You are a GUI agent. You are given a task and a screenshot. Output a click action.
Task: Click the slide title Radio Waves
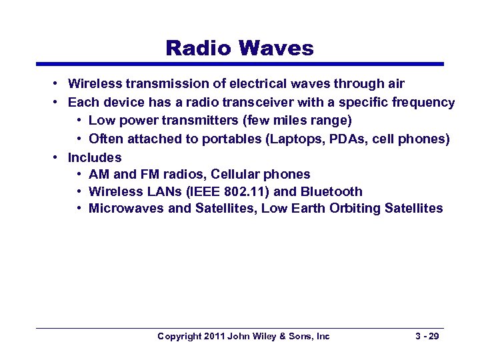(239, 48)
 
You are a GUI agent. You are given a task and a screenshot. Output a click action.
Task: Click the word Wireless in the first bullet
(93, 84)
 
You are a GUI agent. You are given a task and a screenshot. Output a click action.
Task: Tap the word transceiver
(296, 103)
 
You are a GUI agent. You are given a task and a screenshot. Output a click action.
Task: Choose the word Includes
(95, 157)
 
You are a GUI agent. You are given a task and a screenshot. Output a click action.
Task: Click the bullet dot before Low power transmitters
(79, 121)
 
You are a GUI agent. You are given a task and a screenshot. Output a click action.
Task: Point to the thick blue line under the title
(239, 64)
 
